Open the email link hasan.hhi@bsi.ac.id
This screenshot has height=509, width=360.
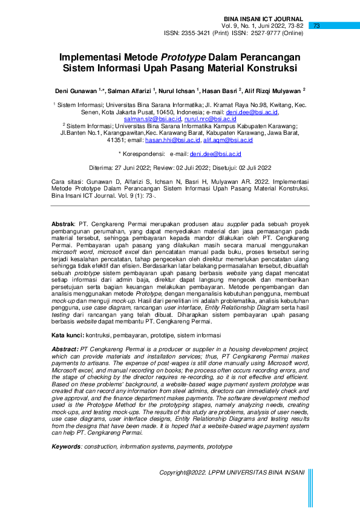172,140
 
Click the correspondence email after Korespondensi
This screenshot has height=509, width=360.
214,154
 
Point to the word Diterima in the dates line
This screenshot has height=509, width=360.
100,167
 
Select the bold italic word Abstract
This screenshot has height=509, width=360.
65,350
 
